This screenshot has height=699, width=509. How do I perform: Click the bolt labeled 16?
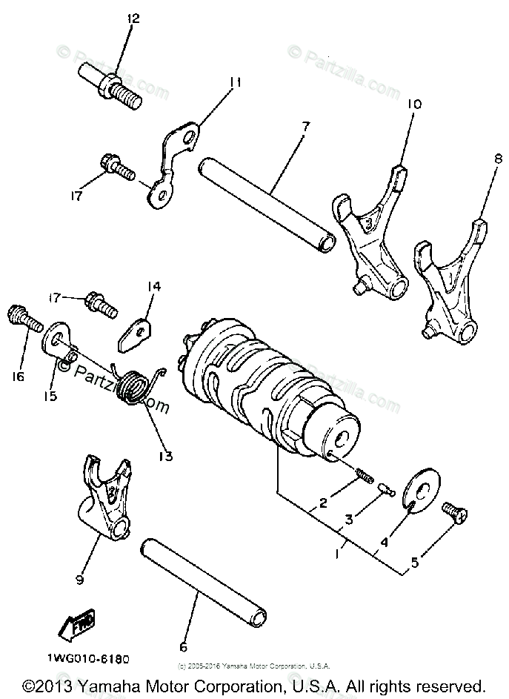(25, 318)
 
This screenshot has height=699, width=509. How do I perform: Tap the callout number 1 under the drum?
(339, 553)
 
